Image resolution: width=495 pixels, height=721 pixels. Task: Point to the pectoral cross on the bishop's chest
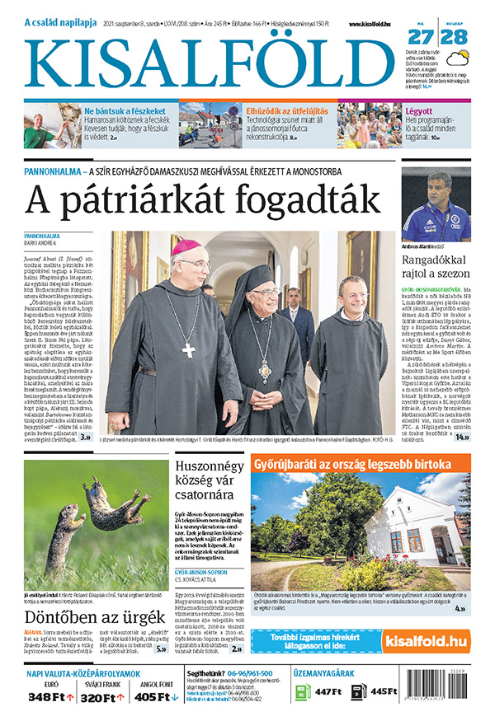tap(189, 349)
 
